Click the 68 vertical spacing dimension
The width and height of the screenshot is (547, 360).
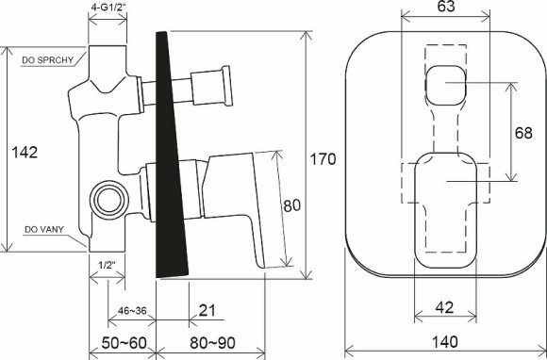click(x=524, y=134)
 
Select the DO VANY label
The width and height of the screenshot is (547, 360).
click(x=42, y=229)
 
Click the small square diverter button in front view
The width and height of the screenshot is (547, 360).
click(x=443, y=88)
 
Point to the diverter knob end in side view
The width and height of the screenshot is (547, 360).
click(x=225, y=85)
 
